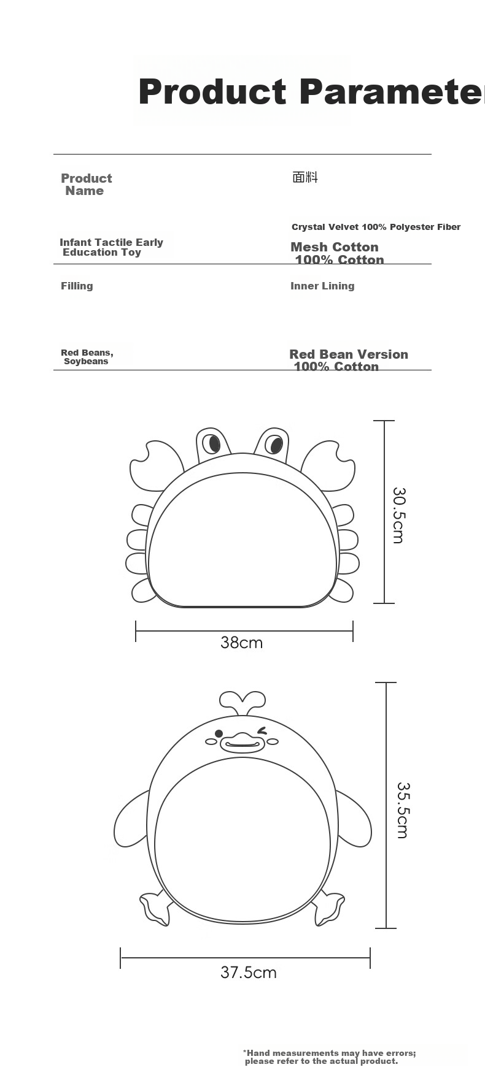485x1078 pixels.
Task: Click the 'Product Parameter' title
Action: point(311,92)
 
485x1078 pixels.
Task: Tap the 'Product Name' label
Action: point(86,185)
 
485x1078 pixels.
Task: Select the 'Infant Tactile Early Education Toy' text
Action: point(111,247)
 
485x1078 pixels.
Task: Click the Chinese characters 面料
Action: point(305,177)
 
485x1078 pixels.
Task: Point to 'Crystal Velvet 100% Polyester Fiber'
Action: point(376,227)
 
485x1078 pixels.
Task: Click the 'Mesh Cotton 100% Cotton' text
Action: point(337,253)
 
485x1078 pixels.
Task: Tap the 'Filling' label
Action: point(77,286)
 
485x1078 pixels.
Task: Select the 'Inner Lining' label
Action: point(322,286)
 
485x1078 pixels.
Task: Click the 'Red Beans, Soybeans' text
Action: point(87,357)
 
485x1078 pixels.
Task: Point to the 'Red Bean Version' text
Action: point(349,354)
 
